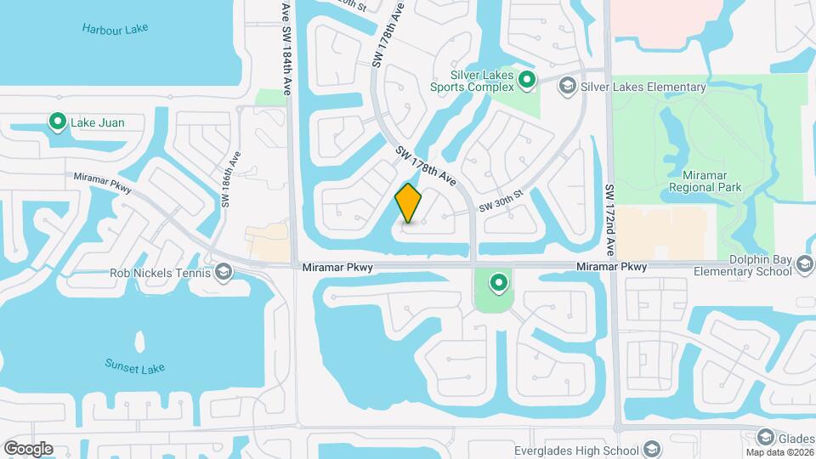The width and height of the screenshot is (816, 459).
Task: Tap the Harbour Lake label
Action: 116,29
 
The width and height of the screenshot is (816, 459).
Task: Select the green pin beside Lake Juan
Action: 58,122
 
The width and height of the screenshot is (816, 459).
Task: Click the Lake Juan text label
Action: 97,123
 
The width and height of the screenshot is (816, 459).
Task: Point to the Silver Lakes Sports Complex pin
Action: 527,81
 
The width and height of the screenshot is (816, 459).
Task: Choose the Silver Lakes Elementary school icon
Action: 568,86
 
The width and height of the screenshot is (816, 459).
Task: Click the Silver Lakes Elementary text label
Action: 643,87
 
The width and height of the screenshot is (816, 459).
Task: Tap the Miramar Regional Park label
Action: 705,181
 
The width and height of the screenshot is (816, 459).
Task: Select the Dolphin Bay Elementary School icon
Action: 804,266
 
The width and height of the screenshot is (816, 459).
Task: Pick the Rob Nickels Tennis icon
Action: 224,273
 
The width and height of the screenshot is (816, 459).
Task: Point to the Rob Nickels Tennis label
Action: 161,274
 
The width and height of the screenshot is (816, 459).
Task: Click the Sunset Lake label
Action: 134,367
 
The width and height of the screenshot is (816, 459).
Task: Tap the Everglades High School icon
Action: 652,450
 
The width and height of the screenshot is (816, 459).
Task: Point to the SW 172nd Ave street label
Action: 609,220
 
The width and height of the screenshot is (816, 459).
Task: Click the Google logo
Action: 28,449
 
